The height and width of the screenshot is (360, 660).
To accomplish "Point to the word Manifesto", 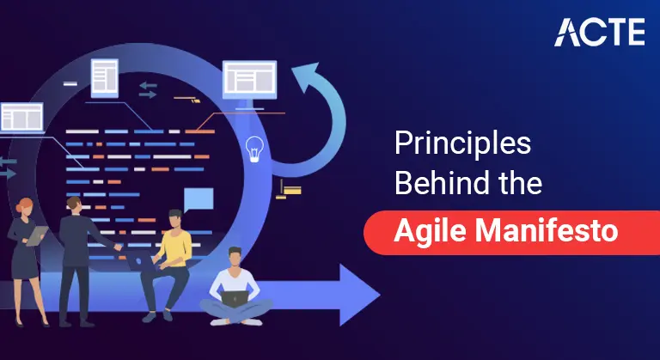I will click(550, 231).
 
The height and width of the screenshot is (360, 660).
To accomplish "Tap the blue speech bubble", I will click(199, 199).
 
